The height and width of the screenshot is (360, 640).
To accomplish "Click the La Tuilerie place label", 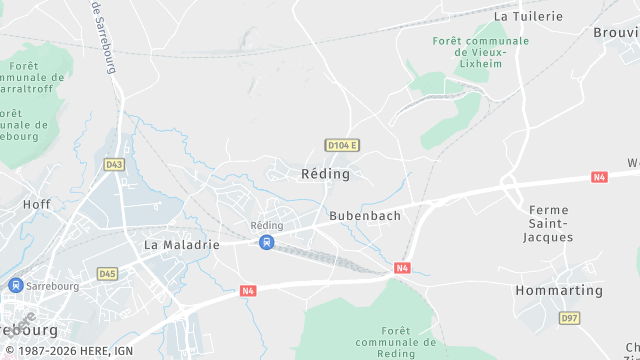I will coord(529,16).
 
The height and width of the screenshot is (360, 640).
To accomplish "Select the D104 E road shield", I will coord(342,146).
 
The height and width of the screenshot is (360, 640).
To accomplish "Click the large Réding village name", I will coord(325,174).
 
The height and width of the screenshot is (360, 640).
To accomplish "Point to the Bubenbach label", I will coord(365,215).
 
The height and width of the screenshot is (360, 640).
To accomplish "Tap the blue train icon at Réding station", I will coord(266,242).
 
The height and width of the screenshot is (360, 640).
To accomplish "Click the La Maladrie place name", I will coord(181,244).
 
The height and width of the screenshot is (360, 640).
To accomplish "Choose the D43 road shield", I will coord(114,165).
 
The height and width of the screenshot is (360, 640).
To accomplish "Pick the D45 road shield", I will coord(108,273).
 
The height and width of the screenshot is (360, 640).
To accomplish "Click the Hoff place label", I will coord(36,204).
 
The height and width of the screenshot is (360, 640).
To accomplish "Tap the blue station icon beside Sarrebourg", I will coord(14,285).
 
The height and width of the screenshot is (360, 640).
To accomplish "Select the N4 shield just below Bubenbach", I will coord(402,268).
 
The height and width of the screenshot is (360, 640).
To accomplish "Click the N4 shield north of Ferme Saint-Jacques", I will coord(599,177).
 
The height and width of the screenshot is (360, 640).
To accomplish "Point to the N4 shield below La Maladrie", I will coord(249,291).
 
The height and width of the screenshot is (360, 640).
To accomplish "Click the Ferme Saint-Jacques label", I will coord(549,223).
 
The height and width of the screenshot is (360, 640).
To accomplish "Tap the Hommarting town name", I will coord(559,291).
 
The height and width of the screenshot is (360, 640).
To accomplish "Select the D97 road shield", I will coord(569,318).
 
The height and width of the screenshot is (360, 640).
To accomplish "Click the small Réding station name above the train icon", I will coord(267,226).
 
